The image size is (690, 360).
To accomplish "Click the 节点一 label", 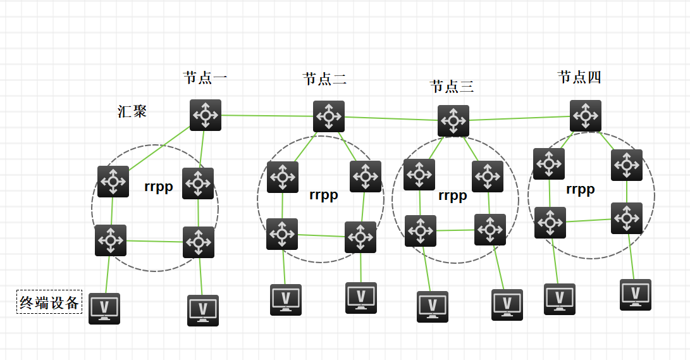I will click(x=205, y=78).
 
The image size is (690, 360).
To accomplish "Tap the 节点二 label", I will click(x=324, y=79).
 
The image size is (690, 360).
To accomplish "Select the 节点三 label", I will click(x=452, y=86).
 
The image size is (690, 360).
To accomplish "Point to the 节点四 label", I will click(x=579, y=77).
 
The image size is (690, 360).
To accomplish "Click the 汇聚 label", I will click(x=132, y=111).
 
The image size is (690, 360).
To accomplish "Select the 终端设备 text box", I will click(x=49, y=302).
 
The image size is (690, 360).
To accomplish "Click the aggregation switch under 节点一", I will click(x=206, y=115).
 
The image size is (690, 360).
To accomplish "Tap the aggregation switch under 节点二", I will click(x=329, y=116).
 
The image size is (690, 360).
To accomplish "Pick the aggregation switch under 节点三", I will click(x=453, y=121).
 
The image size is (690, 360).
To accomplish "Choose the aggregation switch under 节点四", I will click(x=586, y=116).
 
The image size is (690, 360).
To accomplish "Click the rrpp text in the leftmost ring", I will click(x=159, y=187).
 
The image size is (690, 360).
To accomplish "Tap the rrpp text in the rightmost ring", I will click(x=580, y=189).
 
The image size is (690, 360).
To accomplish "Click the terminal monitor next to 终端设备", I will click(x=104, y=308).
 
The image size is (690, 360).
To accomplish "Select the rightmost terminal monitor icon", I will click(x=636, y=294).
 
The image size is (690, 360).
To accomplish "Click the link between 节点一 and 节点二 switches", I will click(x=267, y=116).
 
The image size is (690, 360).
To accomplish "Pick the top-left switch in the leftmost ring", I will click(x=113, y=182).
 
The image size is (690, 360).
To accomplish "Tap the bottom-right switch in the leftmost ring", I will click(x=199, y=242).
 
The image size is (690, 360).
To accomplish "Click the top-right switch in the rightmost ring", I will click(x=627, y=165).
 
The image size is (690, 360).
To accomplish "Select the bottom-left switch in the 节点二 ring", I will click(x=282, y=234).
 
